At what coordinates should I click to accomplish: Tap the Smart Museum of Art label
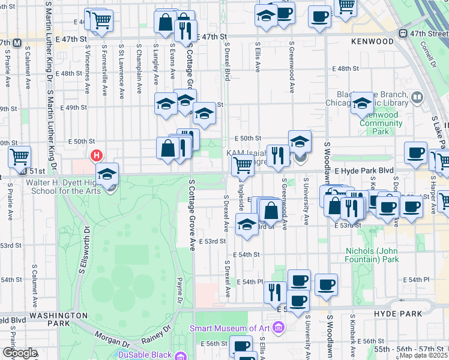(230, 328)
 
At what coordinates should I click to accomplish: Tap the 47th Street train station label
(426, 34)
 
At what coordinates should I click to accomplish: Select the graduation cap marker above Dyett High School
(107, 175)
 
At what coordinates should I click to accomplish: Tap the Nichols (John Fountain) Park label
(373, 255)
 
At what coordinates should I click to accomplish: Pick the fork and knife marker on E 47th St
(186, 29)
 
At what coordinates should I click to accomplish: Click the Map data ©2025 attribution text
(424, 355)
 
